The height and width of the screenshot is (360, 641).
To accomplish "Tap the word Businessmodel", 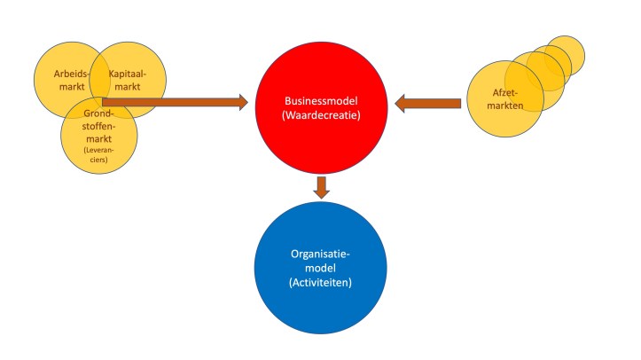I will pos(321,102).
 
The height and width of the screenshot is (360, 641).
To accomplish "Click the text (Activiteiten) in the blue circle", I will pos(321,283).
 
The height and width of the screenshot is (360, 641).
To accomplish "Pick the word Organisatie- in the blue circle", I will pos(321,253).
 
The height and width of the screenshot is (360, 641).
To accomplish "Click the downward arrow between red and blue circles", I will pos(321,187).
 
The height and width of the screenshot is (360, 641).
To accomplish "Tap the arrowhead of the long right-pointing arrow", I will pos(240,102).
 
